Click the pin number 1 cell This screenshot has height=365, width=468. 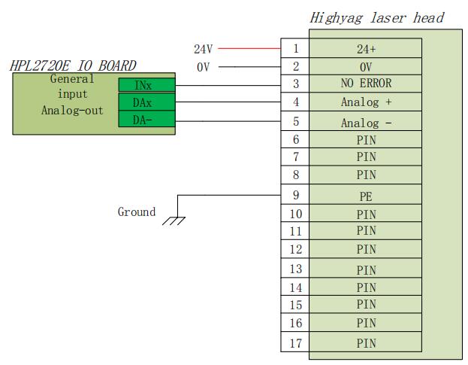(295, 48)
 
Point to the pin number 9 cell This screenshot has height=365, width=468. (295, 196)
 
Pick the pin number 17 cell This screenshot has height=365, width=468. (295, 342)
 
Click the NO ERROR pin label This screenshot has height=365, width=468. (366, 84)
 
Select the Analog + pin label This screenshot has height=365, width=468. (366, 102)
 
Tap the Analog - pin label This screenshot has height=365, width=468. (366, 122)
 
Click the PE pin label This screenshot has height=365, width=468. (366, 196)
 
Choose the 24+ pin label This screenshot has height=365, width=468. (366, 49)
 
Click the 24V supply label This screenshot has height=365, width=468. (203, 49)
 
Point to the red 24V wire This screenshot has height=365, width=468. (249, 48)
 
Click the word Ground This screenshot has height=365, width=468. (137, 212)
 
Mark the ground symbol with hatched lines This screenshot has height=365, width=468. (176, 220)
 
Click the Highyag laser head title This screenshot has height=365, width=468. (377, 17)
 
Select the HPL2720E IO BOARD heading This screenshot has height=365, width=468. (73, 66)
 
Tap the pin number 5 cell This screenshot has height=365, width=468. (295, 121)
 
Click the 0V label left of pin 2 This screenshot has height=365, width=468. (203, 67)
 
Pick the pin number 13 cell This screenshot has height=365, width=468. (295, 269)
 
